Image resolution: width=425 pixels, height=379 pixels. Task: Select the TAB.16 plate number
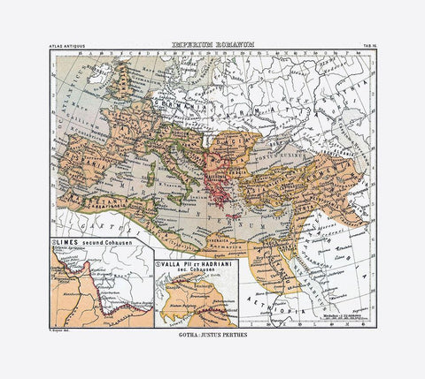point(363,45)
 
